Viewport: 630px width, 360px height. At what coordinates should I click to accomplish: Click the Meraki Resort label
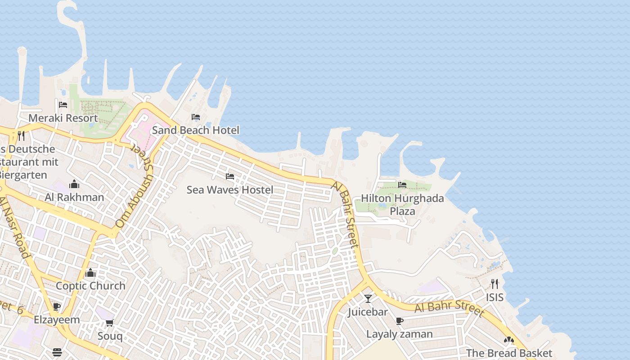(63, 118)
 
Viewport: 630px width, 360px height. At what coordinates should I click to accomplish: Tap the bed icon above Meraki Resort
(63, 105)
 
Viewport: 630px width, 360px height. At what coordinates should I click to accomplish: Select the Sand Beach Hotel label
(196, 130)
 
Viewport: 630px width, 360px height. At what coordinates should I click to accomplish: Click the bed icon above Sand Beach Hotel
(196, 117)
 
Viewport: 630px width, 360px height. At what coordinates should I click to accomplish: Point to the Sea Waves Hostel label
(230, 189)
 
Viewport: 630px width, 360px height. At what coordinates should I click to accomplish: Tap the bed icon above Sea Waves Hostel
(230, 176)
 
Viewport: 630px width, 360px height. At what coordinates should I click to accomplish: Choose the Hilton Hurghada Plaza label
(402, 204)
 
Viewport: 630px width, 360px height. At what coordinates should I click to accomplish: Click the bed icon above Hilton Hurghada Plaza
(402, 184)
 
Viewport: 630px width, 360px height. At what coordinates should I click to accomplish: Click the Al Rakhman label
(74, 197)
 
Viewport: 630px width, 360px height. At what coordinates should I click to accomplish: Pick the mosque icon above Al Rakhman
(74, 184)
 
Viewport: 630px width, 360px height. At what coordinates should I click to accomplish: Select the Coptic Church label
(90, 286)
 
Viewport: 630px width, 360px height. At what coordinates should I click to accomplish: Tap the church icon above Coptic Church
(90, 273)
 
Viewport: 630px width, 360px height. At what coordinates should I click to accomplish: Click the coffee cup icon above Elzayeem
(57, 307)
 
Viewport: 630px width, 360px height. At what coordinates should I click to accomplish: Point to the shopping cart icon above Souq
(110, 323)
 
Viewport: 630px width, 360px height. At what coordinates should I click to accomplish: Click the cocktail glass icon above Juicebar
(368, 298)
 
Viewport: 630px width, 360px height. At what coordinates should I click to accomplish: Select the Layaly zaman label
(399, 334)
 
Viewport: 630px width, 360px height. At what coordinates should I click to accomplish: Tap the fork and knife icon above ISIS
(495, 284)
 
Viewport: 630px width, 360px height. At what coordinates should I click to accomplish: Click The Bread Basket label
(509, 353)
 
